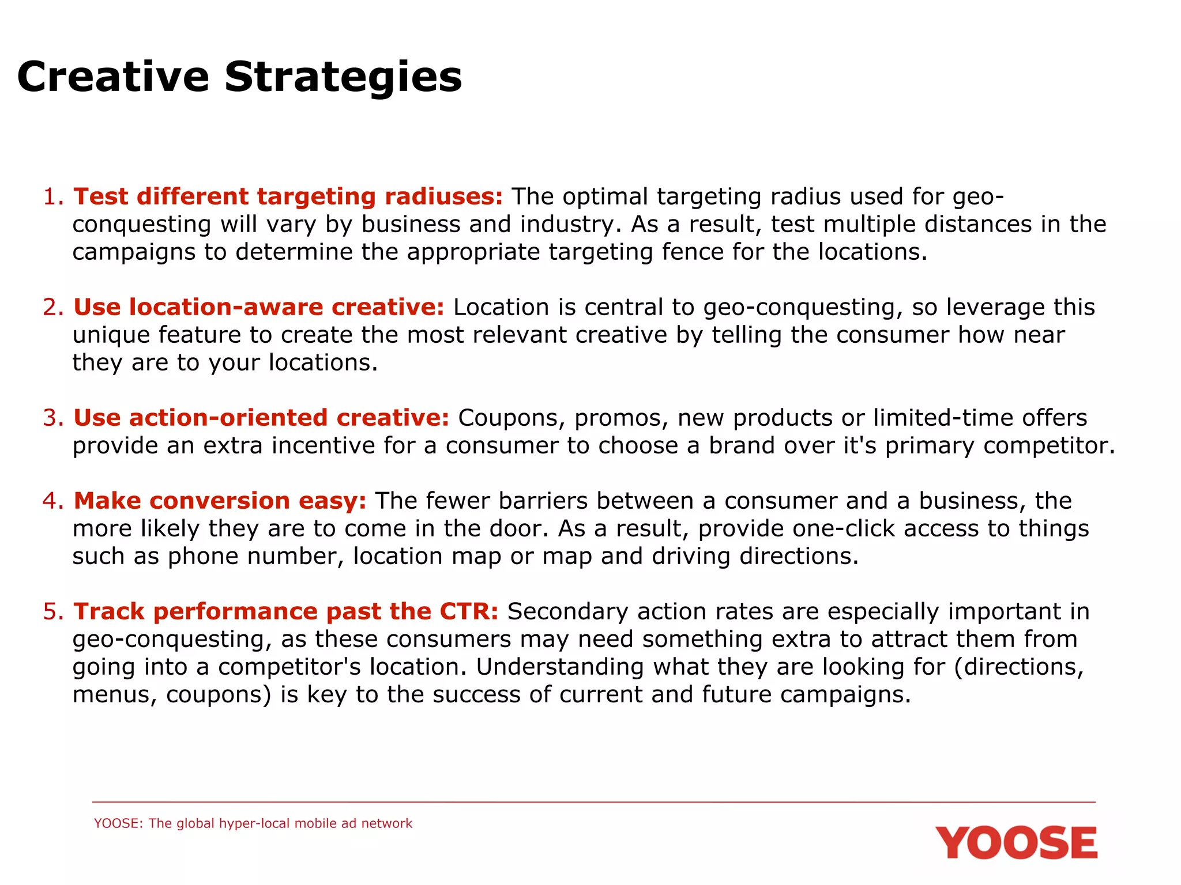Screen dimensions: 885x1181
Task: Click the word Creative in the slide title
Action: click(x=113, y=77)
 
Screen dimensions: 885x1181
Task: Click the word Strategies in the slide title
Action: click(x=343, y=77)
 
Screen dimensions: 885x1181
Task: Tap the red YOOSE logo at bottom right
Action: click(x=1015, y=843)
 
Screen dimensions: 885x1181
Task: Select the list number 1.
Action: click(x=52, y=196)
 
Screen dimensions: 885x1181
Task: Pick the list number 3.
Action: click(x=52, y=418)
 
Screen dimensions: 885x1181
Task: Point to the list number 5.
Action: click(x=52, y=611)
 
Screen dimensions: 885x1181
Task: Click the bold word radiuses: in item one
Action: click(x=443, y=196)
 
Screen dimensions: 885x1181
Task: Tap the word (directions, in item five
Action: click(x=1019, y=667)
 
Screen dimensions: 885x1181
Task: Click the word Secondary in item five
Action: click(x=567, y=611)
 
